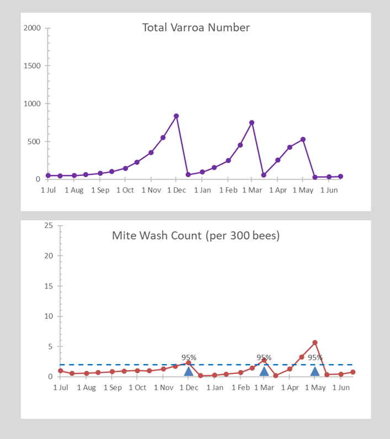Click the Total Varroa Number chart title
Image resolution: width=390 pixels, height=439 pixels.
pos(196,28)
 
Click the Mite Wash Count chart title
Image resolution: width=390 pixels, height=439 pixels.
pos(196,236)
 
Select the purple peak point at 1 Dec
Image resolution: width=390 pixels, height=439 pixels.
pos(176,116)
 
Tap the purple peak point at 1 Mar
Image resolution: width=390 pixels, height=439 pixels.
pos(252,123)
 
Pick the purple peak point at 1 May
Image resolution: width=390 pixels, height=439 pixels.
pos(303,139)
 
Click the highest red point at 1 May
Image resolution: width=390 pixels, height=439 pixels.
pos(315,343)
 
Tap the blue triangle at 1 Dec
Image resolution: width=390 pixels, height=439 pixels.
pos(189,371)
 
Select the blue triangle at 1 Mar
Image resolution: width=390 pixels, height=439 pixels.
pos(264,371)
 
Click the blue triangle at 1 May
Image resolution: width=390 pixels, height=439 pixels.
pos(315,371)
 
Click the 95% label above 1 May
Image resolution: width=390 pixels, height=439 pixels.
pos(315,357)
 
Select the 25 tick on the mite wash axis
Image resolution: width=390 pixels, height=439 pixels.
pos(49,225)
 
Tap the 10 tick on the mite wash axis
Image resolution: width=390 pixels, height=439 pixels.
pos(49,316)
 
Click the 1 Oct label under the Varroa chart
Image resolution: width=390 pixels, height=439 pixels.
pos(125,190)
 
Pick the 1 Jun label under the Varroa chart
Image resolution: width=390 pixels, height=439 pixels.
pos(329,190)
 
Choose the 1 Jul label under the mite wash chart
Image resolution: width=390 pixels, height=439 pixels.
pos(61,387)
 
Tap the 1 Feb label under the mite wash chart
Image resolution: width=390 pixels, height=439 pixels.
pos(241,387)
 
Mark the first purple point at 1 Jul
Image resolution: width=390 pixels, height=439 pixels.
pos(48,176)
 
